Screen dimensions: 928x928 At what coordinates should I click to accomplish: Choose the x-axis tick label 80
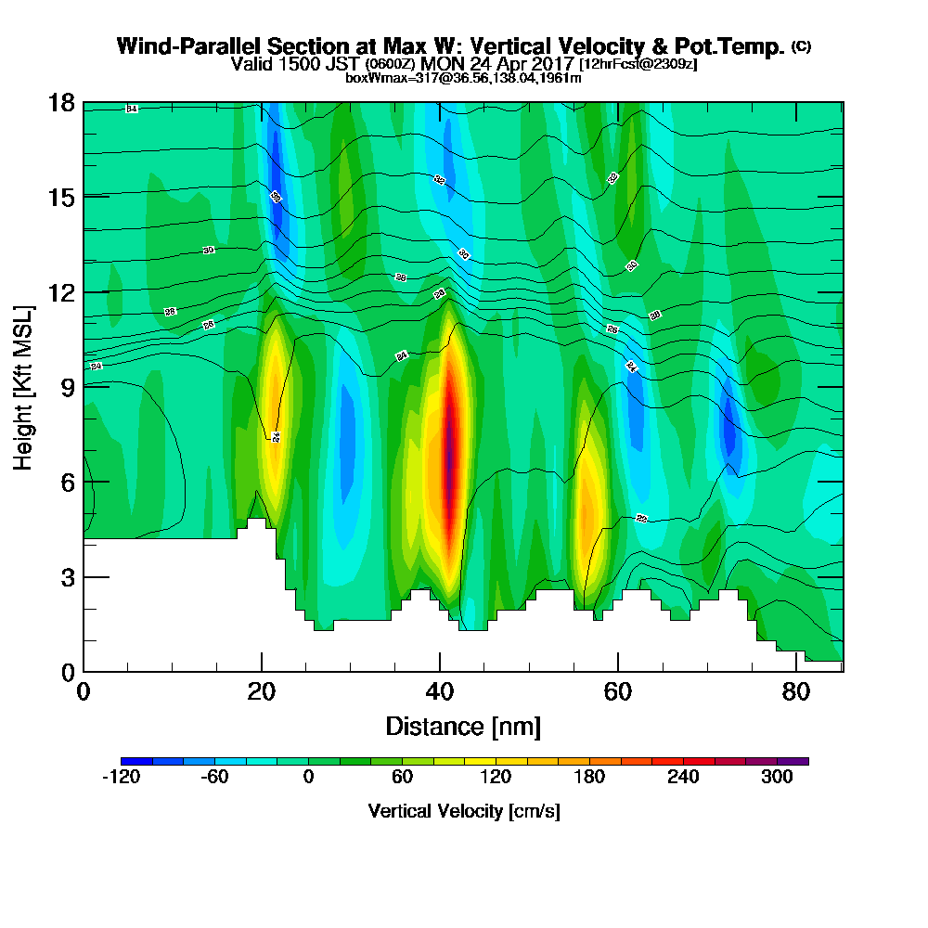795,691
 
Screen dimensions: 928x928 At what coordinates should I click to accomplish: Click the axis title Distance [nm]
463,725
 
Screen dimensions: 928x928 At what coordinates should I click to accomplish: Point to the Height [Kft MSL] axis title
23,386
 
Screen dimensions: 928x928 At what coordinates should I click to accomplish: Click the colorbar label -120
122,778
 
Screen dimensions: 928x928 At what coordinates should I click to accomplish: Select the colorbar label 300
778,778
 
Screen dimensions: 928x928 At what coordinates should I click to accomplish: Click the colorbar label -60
215,778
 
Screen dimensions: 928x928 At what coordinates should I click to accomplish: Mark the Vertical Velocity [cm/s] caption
463,811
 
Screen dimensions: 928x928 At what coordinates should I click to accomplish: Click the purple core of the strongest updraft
450,455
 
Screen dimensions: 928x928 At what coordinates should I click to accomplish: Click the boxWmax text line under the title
463,78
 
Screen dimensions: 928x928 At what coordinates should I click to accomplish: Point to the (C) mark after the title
801,45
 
